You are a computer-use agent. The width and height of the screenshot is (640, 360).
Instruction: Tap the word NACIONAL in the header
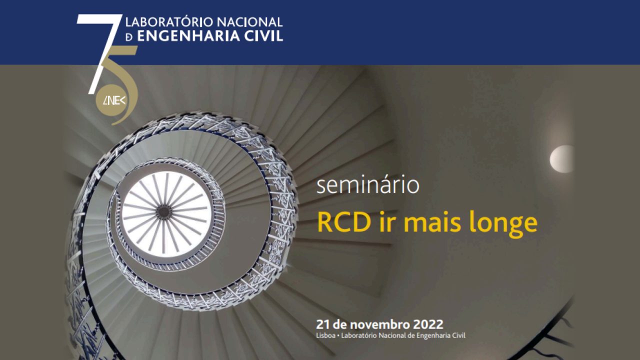(x=249, y=21)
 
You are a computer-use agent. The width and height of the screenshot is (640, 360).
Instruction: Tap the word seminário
(x=367, y=185)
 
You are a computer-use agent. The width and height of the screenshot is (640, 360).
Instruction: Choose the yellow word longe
(x=503, y=224)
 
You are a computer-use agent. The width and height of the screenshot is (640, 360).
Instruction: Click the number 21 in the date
(x=323, y=324)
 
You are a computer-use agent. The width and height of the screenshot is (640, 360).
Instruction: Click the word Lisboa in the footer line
(x=325, y=335)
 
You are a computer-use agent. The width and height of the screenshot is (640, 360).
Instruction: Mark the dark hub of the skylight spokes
(x=163, y=212)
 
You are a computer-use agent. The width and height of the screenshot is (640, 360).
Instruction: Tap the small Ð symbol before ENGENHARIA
(x=129, y=37)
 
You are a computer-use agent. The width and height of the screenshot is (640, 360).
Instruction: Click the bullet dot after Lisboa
(x=338, y=336)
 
